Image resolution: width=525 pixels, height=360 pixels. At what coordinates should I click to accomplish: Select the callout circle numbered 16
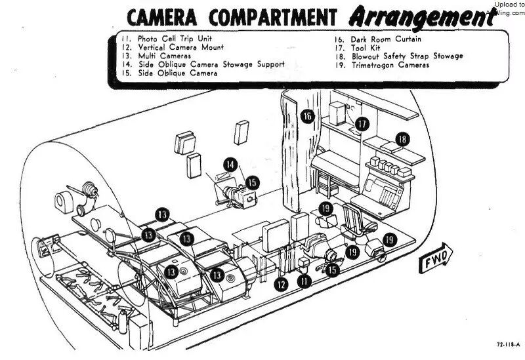click(x=307, y=117)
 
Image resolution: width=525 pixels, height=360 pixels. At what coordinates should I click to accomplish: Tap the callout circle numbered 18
click(x=402, y=140)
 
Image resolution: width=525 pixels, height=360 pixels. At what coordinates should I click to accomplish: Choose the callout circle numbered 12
click(x=282, y=284)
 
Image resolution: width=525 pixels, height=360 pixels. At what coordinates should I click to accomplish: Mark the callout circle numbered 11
click(x=304, y=281)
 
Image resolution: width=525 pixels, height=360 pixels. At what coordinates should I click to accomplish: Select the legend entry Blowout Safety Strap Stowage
click(x=407, y=56)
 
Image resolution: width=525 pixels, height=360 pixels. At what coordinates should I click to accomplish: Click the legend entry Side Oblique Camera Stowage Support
click(x=211, y=65)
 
